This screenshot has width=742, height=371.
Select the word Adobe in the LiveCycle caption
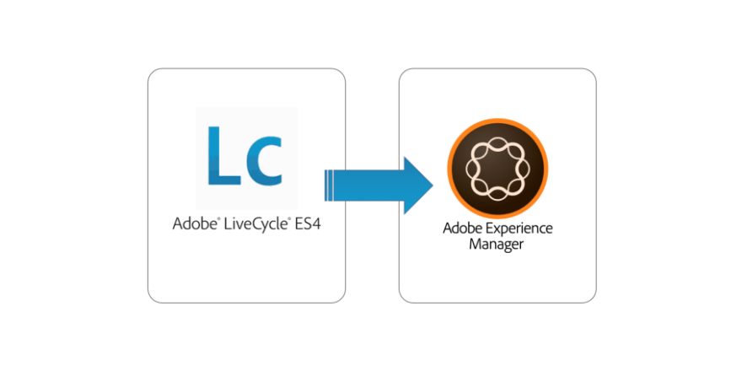tap(190, 225)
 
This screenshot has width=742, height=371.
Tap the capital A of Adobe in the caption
tap(177, 225)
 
